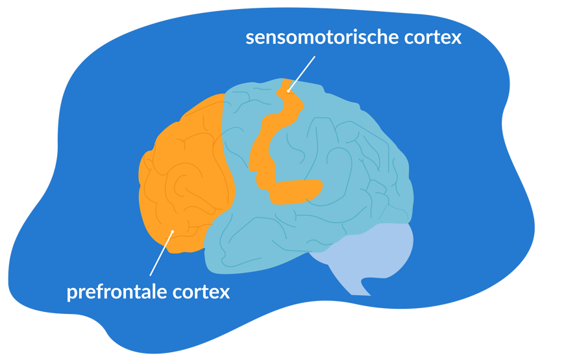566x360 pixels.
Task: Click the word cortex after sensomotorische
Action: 430,37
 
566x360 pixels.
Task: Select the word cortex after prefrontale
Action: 202,292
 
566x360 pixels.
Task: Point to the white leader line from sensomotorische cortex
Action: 302,73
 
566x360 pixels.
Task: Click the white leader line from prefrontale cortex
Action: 161,254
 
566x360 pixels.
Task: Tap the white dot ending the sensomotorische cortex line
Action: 288,91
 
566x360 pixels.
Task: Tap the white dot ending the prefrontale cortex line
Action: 172,232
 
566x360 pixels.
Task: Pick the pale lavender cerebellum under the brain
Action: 383,250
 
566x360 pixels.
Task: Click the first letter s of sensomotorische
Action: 249,38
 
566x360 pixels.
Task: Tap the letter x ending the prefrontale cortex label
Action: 225,293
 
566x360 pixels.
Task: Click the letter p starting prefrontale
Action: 71,293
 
